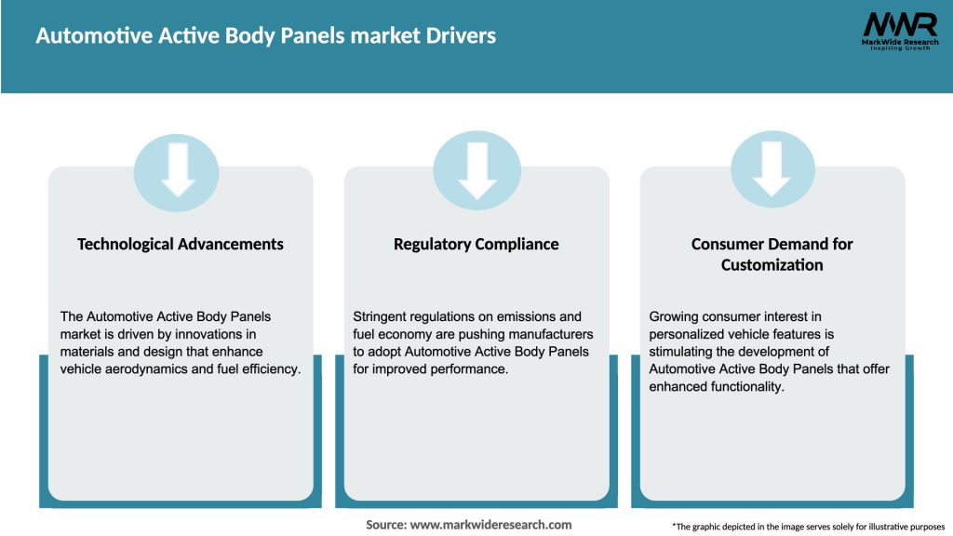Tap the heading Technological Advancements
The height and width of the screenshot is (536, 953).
181,244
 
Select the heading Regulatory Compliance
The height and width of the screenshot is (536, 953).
476,244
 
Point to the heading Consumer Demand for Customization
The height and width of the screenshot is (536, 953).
772,254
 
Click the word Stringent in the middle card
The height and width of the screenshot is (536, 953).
381,317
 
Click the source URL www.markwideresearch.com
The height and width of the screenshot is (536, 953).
490,525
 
